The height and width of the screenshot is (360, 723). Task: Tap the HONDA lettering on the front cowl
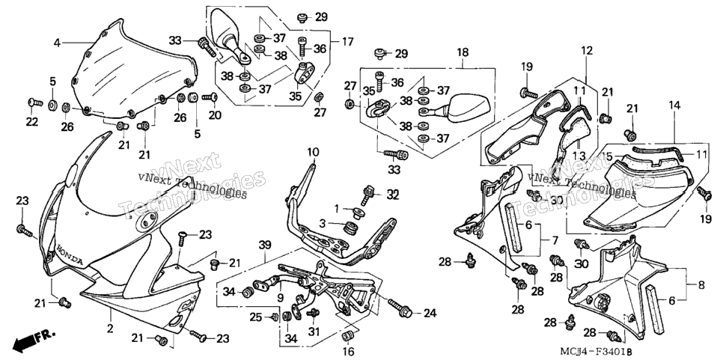[70, 254]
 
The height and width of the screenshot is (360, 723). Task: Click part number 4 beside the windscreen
[57, 43]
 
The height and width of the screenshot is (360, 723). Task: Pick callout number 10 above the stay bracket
[313, 152]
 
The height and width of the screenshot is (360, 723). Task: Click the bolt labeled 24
[400, 308]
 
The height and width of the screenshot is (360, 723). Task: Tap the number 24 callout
[430, 314]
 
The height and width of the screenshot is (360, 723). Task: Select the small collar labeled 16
[350, 335]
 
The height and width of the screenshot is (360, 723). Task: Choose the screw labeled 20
[211, 97]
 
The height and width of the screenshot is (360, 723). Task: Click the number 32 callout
[392, 195]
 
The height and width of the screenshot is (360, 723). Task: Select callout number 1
[337, 209]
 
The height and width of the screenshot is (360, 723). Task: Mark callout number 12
[586, 50]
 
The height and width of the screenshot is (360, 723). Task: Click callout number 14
[674, 105]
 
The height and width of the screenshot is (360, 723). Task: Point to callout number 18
[463, 52]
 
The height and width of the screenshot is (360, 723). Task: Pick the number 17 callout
[347, 42]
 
